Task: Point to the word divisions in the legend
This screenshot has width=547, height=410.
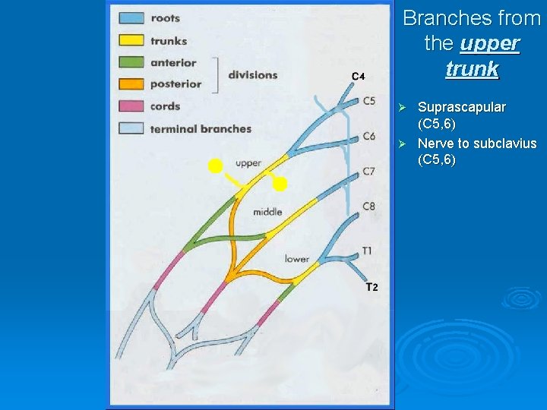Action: click(253, 74)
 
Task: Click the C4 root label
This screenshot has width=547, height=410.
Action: click(359, 76)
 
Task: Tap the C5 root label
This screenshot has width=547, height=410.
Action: click(369, 100)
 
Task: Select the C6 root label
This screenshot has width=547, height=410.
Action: click(369, 136)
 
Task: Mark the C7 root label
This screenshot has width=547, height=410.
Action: click(368, 172)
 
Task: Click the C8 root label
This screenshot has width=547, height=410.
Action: click(368, 206)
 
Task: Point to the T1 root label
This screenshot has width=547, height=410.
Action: click(367, 250)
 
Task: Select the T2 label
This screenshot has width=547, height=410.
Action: click(372, 287)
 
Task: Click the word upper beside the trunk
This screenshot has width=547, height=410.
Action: click(248, 162)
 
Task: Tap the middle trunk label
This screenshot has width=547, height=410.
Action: click(267, 212)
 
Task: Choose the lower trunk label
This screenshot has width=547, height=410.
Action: click(296, 259)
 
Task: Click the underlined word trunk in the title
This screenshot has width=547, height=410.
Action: click(472, 69)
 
